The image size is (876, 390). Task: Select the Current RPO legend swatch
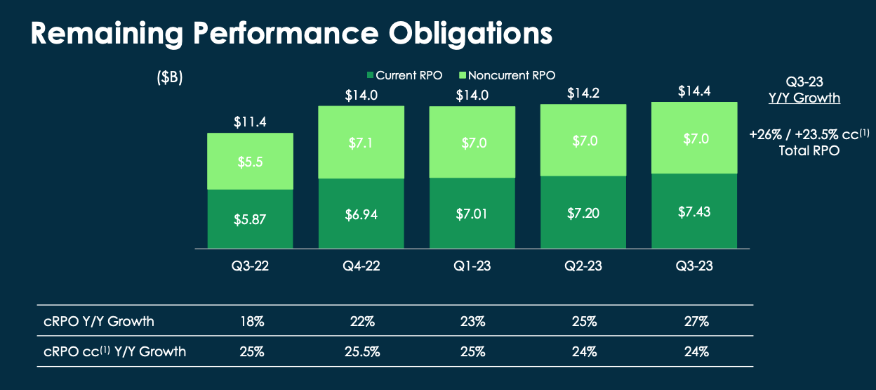coord(370,75)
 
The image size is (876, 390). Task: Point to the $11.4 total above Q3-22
coord(250,122)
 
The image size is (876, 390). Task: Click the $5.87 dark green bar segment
coord(250,219)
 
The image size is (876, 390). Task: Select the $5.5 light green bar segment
coord(250,161)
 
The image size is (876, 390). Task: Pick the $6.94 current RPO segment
coord(361,214)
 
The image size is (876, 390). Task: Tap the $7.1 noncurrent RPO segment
coord(361,143)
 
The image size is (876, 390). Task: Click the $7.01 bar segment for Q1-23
coord(472,213)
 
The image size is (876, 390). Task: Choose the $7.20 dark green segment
coord(583,212)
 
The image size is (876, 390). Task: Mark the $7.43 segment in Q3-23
coord(694,211)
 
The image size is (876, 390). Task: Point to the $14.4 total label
coord(694,91)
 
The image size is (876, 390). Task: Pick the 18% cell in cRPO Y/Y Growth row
coord(250,322)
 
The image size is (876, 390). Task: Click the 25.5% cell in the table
coord(361,351)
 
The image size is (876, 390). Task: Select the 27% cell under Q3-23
coord(694,322)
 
